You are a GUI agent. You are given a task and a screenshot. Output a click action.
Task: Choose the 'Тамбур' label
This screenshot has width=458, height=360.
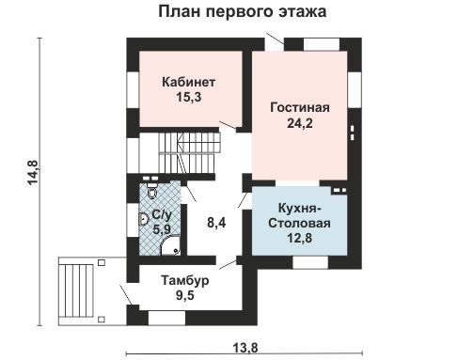(184, 281)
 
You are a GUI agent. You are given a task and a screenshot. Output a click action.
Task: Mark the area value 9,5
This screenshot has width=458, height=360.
(184, 297)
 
